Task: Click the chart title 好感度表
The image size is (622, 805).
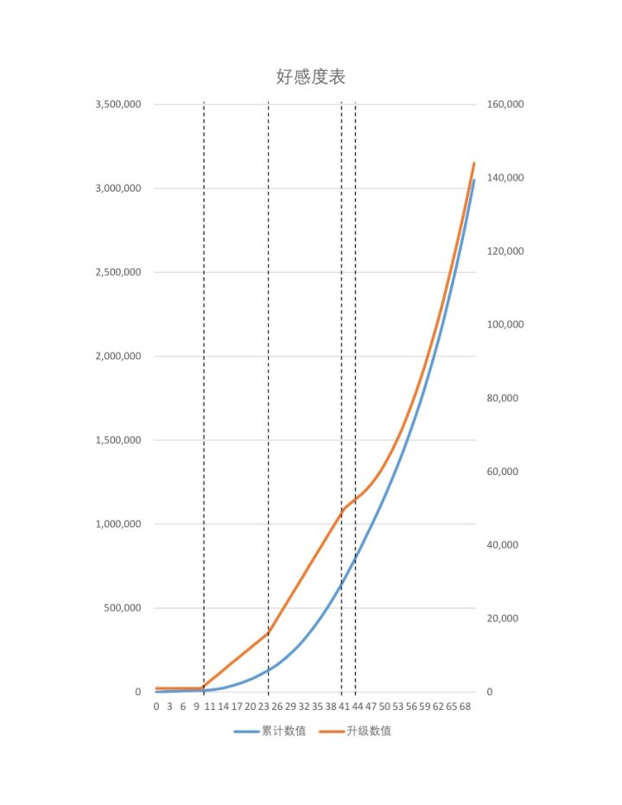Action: [x=311, y=77]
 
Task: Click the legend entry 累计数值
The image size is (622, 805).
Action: [x=283, y=731]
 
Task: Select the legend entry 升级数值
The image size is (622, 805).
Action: [x=369, y=731]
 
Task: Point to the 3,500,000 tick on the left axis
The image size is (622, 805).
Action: [x=117, y=105]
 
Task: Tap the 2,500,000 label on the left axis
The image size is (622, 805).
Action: [x=117, y=272]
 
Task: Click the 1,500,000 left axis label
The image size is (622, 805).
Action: [x=117, y=441]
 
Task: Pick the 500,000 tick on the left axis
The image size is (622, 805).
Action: [x=122, y=608]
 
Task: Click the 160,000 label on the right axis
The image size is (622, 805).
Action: [x=505, y=105]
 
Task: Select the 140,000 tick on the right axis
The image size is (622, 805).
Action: [x=505, y=178]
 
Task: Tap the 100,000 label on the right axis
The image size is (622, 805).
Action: [x=505, y=325]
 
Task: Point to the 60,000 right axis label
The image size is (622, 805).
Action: [x=503, y=472]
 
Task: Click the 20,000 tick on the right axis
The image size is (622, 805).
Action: [x=503, y=618]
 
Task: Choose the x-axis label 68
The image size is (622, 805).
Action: [x=465, y=707]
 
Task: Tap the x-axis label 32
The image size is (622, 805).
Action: [x=304, y=707]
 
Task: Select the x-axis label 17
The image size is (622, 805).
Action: [x=237, y=707]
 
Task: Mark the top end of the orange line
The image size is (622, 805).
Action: [x=474, y=162]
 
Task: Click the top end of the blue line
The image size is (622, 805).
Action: [x=474, y=180]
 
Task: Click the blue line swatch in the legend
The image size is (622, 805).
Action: [x=245, y=731]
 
